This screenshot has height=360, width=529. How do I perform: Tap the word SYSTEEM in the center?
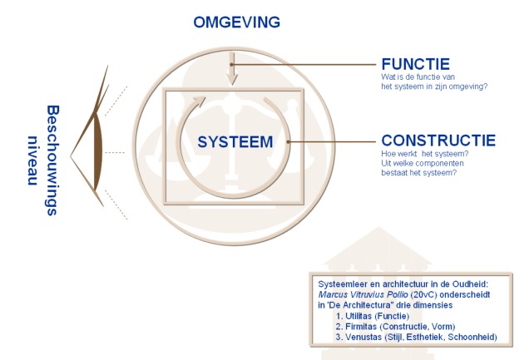(235, 142)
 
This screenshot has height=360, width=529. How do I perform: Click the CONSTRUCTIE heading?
(438, 141)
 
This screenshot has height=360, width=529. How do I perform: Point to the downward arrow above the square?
(233, 72)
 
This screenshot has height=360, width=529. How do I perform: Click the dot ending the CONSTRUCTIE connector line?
(288, 141)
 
